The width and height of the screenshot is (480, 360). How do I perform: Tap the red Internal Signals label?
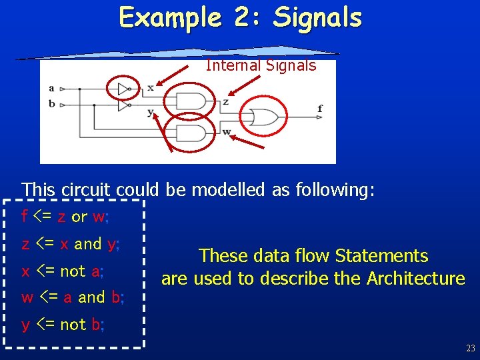pyautogui.click(x=261, y=65)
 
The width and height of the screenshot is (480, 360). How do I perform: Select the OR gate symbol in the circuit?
pyautogui.click(x=263, y=117)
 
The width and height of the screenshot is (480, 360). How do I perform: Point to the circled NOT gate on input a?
pyautogui.click(x=124, y=88)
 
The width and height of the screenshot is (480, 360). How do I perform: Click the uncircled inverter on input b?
pyautogui.click(x=124, y=105)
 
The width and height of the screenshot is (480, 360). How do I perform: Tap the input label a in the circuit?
pyautogui.click(x=51, y=88)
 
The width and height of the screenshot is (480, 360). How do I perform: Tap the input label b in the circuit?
pyautogui.click(x=51, y=104)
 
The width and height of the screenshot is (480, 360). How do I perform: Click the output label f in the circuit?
pyautogui.click(x=321, y=108)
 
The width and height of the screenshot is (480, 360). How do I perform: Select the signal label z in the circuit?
pyautogui.click(x=226, y=102)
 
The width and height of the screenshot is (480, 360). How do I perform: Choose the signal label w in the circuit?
pyautogui.click(x=227, y=131)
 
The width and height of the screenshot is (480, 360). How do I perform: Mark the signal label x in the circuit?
pyautogui.click(x=150, y=87)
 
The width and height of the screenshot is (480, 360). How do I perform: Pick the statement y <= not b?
pyautogui.click(x=61, y=325)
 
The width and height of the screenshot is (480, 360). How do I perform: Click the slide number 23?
pyautogui.click(x=470, y=348)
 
